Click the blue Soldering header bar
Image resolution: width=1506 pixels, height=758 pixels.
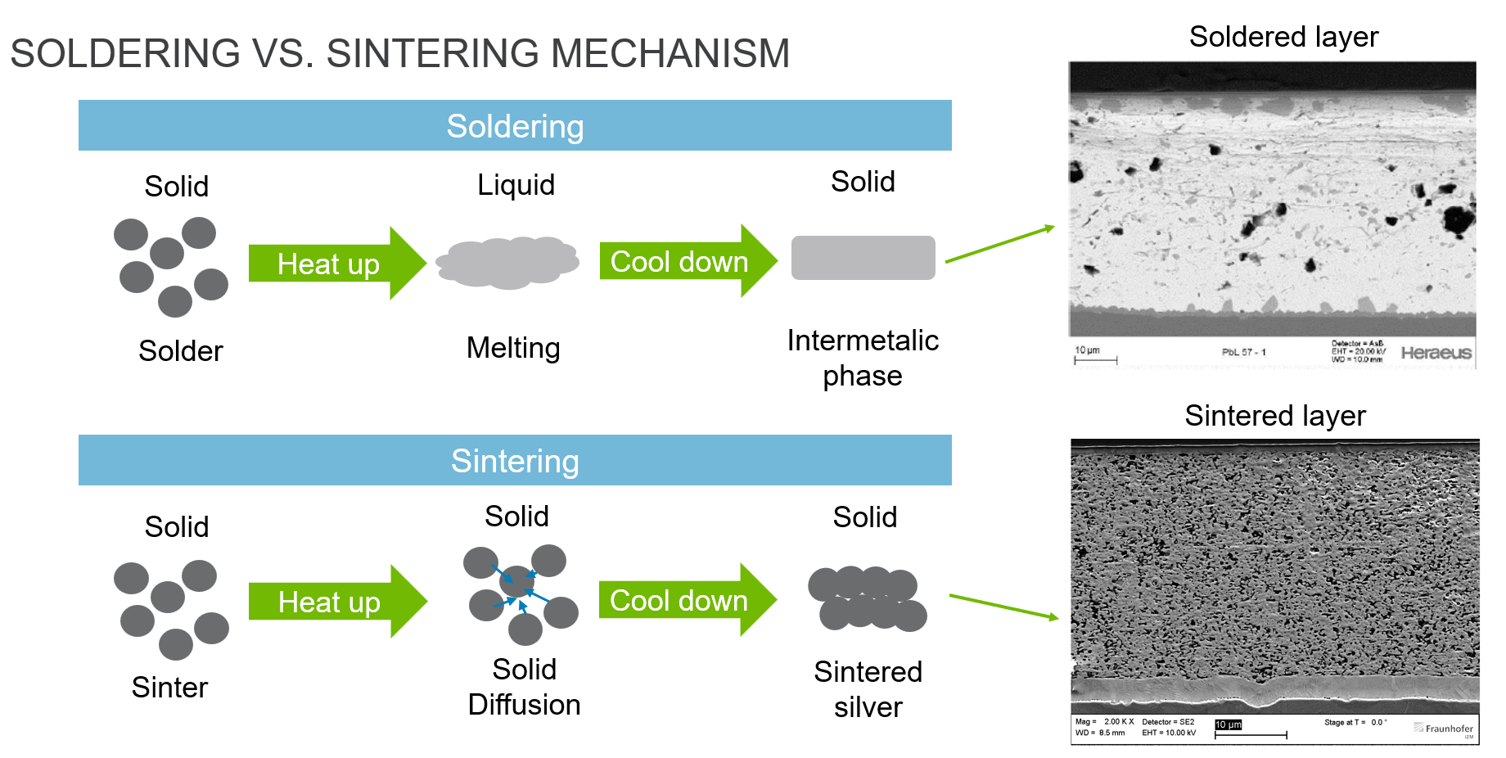tap(515, 126)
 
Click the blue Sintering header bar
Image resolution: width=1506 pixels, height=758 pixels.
tap(515, 461)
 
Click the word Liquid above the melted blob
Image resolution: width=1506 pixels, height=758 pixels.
tap(516, 185)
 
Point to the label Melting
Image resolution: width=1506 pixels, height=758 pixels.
tap(513, 348)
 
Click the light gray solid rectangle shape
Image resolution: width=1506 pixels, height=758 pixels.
tap(863, 258)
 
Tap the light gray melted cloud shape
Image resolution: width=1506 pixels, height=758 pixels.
tap(507, 262)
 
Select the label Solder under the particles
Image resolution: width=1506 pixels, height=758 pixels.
tap(180, 351)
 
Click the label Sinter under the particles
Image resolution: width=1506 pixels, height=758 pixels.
tap(169, 688)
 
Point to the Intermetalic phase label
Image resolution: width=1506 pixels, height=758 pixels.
tap(863, 358)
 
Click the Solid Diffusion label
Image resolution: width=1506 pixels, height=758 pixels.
tap(524, 688)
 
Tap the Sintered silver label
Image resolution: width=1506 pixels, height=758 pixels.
tap(868, 689)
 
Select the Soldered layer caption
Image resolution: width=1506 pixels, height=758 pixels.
tap(1283, 37)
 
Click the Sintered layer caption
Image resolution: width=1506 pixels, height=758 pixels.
tap(1275, 416)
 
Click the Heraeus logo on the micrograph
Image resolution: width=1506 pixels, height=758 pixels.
tap(1436, 353)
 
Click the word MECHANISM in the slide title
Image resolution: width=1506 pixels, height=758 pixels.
tap(670, 53)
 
